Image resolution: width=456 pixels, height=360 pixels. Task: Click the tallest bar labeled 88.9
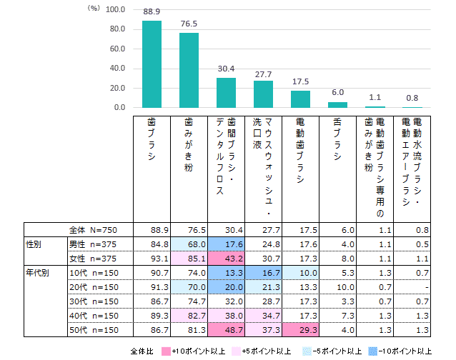[x=152, y=64]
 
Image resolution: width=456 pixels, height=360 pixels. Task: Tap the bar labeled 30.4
[x=226, y=93]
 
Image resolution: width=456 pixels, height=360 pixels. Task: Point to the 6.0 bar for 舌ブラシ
[x=337, y=105]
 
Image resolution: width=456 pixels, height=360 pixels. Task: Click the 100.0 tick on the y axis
[x=115, y=9]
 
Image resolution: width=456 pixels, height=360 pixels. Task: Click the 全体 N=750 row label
[x=92, y=231]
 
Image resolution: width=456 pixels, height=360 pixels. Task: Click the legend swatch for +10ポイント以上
[x=166, y=351]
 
